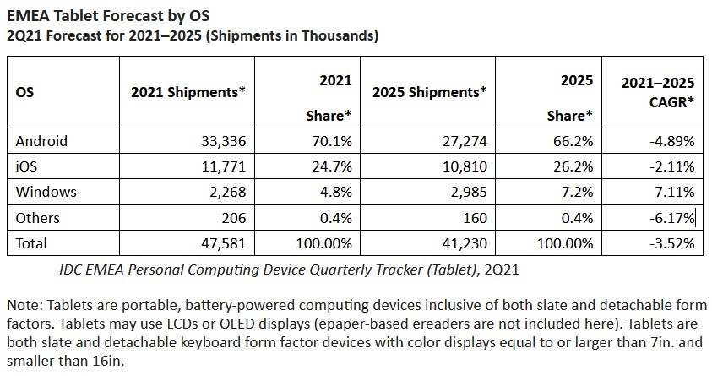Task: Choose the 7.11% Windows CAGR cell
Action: [672, 192]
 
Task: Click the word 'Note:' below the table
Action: [23, 304]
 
